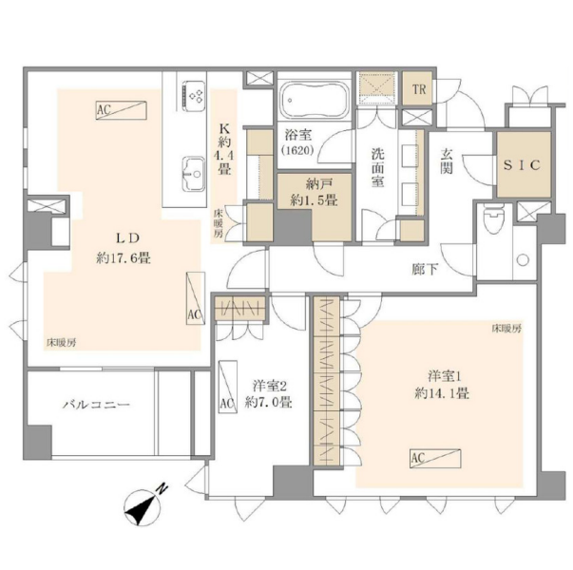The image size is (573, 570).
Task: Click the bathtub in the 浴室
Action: [x=313, y=100]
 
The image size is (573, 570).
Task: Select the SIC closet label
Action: [x=521, y=164]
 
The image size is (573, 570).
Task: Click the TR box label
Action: [x=416, y=90]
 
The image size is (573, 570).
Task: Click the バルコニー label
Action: [x=96, y=404]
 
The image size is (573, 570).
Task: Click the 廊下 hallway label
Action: [x=425, y=269]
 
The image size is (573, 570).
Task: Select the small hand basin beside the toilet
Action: [x=520, y=259]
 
